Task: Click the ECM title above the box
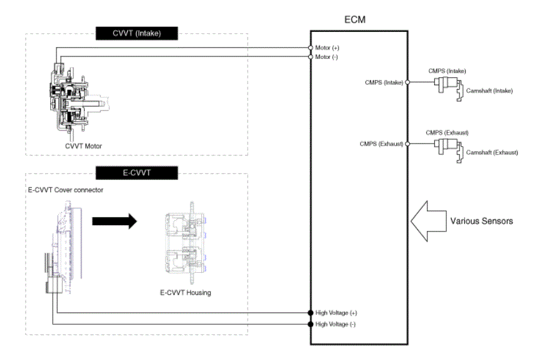(x=355, y=19)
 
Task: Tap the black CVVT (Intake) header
(x=137, y=33)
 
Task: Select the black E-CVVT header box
(x=137, y=173)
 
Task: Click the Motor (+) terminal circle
(x=310, y=48)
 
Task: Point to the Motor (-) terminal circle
(x=310, y=56)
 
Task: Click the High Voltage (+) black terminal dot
(x=310, y=312)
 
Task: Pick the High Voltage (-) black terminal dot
(x=310, y=324)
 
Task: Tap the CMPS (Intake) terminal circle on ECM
(x=407, y=82)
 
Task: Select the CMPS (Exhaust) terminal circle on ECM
(x=407, y=144)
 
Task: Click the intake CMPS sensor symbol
(x=446, y=85)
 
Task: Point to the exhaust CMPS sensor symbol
(x=446, y=147)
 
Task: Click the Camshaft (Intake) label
(x=490, y=91)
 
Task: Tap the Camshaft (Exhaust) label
(x=492, y=152)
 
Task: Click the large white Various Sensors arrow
(x=428, y=221)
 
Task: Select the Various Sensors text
(x=481, y=221)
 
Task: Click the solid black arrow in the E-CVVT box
(x=115, y=221)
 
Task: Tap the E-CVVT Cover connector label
(x=65, y=190)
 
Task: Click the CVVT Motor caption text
(x=83, y=146)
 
